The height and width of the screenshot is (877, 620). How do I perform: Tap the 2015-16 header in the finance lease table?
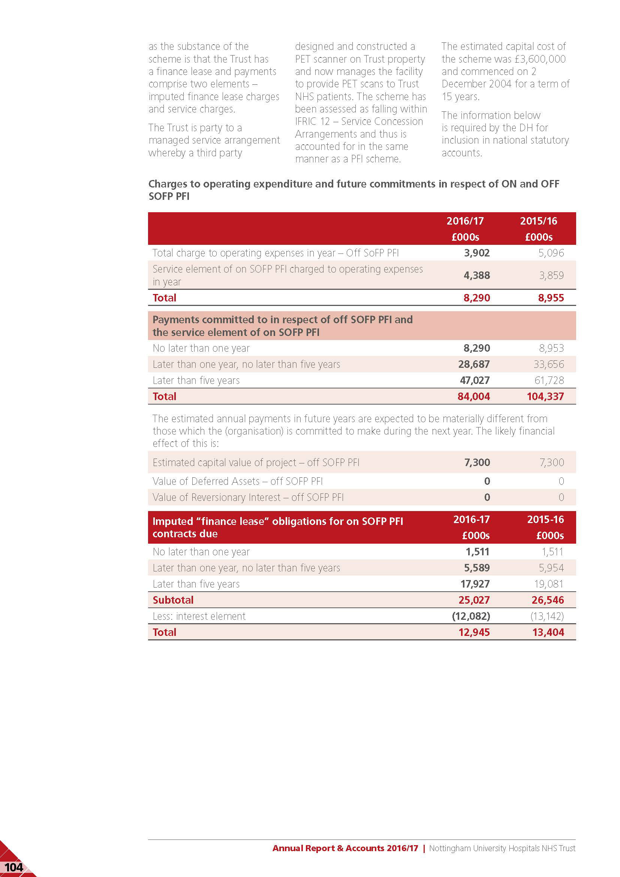point(545,519)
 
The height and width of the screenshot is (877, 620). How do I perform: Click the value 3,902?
point(476,253)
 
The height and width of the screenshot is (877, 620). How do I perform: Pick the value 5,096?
point(551,253)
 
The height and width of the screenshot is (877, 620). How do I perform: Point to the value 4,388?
point(476,276)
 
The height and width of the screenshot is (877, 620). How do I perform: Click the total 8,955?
point(551,298)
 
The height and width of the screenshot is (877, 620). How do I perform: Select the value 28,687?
point(474,364)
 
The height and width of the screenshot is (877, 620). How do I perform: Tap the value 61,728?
point(549,381)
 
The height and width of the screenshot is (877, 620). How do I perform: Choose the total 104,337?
point(545,396)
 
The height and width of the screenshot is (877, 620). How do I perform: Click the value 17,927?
point(475,584)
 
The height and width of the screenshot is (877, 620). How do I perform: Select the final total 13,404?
point(548,632)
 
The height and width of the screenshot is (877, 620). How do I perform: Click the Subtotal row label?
point(173,600)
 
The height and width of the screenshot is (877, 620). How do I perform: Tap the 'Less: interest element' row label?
point(199,616)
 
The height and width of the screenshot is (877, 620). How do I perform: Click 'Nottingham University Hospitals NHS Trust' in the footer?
point(502,849)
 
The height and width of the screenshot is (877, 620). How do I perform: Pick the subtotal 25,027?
point(474,600)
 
